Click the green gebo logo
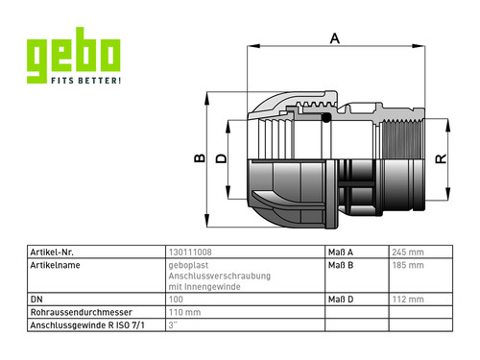73,55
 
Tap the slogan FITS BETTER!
86,81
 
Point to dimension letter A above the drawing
335,38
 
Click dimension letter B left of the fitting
200,158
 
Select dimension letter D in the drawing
221,158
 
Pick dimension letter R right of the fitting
441,158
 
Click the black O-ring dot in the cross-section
325,118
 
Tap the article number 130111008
190,252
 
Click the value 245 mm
408,252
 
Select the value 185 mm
408,265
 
